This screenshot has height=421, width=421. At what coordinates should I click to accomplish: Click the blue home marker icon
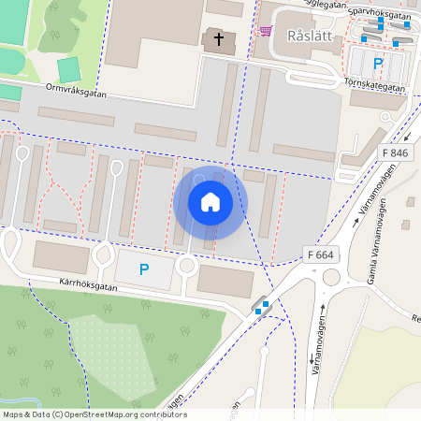point(210,202)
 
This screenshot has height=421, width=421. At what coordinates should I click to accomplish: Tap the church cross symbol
point(218,39)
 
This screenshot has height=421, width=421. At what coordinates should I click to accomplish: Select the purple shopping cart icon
point(266,31)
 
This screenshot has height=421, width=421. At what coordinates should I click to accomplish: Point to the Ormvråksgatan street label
point(78,93)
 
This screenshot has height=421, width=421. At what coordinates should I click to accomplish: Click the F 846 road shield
point(396,152)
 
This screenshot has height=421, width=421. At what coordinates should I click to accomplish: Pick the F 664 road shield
point(320,254)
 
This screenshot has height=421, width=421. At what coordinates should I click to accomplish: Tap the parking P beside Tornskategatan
point(378,64)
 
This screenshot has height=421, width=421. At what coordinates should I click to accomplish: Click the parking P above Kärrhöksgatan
point(144,269)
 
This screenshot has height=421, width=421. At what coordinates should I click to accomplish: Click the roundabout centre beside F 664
point(332,277)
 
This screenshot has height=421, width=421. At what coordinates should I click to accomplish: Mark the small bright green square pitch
point(68,69)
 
